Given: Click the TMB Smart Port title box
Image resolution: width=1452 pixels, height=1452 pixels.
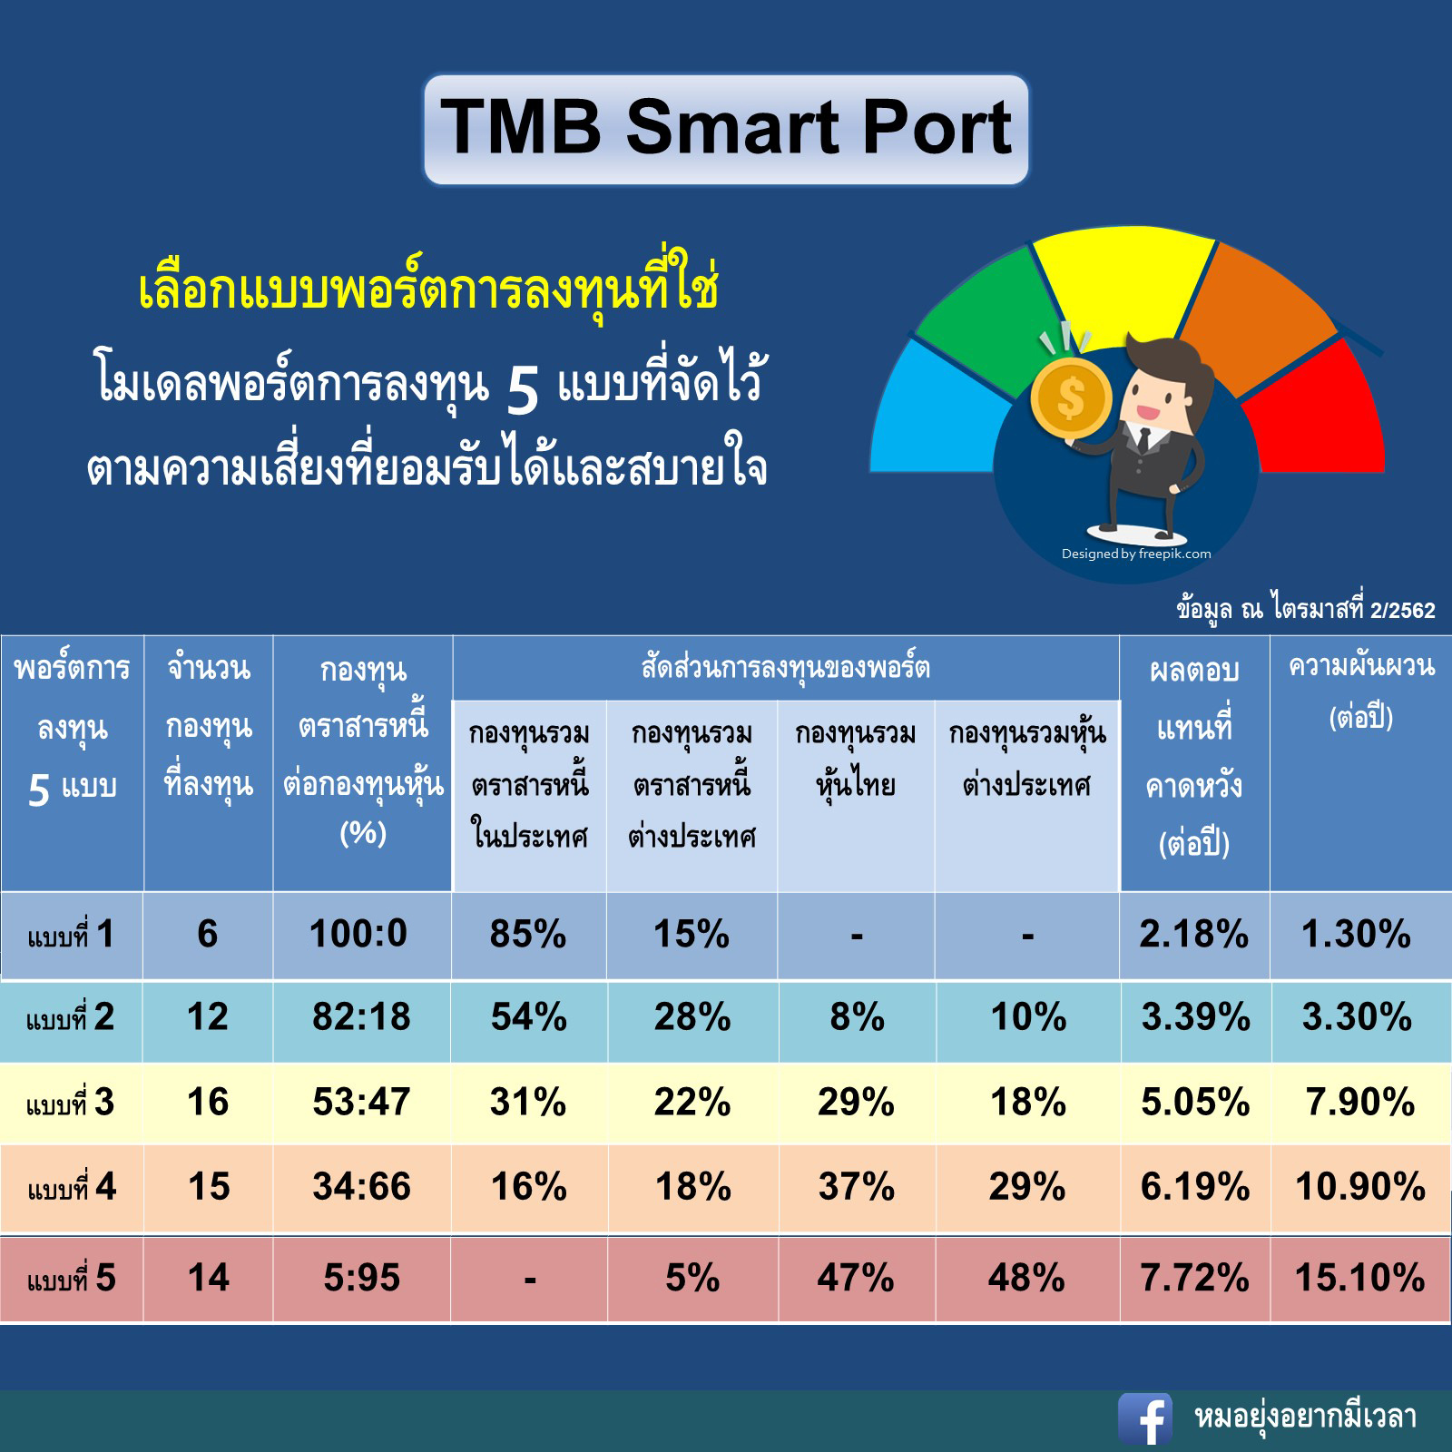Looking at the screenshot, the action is tap(726, 130).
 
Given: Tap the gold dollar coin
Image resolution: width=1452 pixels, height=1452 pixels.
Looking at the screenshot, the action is tap(1072, 397).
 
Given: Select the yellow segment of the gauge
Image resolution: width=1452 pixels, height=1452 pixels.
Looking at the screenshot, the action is tap(1123, 277).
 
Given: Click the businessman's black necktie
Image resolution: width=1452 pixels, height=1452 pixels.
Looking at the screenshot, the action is tap(1143, 441).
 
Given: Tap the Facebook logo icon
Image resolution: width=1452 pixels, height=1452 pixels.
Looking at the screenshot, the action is tap(1145, 1418).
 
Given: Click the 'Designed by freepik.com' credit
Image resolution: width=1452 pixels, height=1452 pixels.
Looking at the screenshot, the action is tap(1136, 554).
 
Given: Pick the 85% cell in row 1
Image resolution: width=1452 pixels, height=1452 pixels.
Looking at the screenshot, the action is tap(528, 934).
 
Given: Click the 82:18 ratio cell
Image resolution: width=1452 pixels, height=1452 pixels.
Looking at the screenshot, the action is tap(361, 1017).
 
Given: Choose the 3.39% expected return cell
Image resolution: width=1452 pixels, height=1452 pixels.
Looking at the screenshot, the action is tap(1195, 1017).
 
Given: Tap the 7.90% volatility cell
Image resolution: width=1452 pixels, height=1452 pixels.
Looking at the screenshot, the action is tap(1359, 1102).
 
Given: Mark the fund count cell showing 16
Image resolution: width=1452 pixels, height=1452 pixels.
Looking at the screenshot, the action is tap(208, 1102).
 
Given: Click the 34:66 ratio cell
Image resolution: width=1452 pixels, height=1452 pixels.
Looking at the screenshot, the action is tap(361, 1186).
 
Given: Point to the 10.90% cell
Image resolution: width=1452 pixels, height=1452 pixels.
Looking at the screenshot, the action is tap(1360, 1186).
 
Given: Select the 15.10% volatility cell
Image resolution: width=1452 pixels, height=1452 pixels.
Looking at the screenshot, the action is tap(1359, 1278).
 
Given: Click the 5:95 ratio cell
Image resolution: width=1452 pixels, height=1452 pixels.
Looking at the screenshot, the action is tap(361, 1278).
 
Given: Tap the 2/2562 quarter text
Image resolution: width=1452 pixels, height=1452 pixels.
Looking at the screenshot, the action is tap(1402, 611).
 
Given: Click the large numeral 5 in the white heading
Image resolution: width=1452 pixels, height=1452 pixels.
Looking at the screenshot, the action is tap(523, 392).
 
